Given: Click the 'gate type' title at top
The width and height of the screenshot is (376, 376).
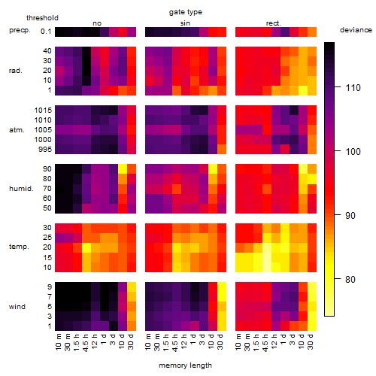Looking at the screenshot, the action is click(186, 12).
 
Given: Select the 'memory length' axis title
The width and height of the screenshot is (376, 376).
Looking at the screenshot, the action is click(185, 365).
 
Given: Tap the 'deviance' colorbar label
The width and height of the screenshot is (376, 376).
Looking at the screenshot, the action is click(356, 30).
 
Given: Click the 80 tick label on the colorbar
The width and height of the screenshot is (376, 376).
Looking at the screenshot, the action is click(350, 280).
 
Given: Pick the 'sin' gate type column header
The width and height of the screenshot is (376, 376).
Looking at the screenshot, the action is click(185, 23).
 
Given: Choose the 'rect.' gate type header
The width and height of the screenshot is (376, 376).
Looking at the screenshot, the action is click(273, 23).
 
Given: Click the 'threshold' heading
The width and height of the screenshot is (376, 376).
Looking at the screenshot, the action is click(42, 18).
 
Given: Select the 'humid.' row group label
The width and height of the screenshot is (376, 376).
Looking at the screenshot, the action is click(21, 189).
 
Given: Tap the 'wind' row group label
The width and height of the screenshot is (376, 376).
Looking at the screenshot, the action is click(17, 307).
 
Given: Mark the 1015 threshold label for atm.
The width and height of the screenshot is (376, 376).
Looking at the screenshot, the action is click(43, 111).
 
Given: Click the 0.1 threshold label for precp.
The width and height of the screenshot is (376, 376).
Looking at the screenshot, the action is click(46, 32).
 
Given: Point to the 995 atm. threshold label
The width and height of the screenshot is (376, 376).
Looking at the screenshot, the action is click(45, 150).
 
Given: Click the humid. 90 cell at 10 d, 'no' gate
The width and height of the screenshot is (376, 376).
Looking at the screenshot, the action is click(123, 168).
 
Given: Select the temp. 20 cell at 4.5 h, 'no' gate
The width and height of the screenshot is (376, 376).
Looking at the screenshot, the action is click(86, 247).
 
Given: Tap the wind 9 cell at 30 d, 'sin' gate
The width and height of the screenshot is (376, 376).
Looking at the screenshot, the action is click(222, 287).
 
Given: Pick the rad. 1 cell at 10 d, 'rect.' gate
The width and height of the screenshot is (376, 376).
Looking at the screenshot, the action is click(303, 90).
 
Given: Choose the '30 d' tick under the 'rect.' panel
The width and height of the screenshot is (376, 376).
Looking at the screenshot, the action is click(311, 342).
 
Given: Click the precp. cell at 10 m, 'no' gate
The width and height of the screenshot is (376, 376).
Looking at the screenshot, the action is click(59, 32).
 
